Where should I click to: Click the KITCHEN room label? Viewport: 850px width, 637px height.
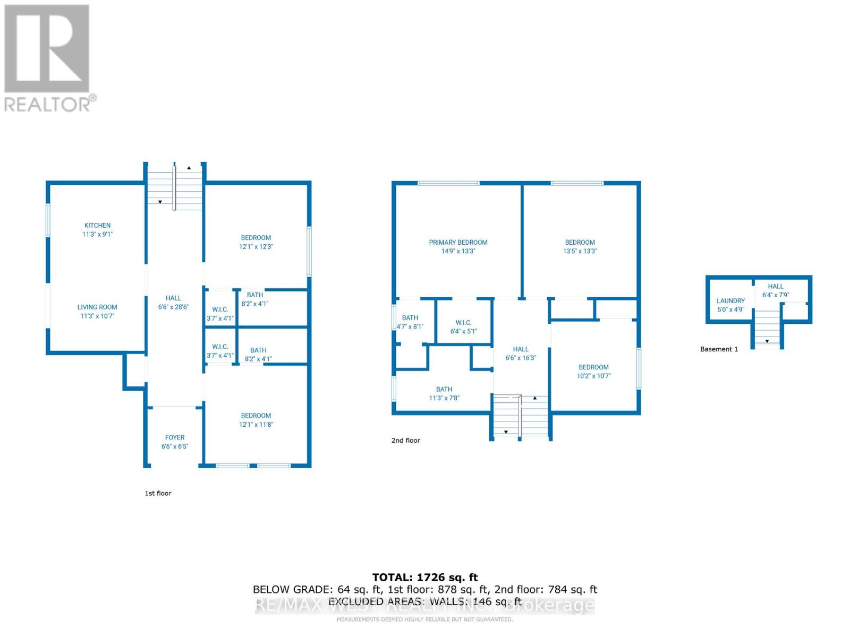click(x=97, y=226)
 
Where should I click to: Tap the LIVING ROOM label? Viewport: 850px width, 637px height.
click(x=97, y=307)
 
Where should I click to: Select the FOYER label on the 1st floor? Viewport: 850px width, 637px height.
click(x=175, y=438)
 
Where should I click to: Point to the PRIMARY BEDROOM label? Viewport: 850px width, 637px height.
click(x=458, y=243)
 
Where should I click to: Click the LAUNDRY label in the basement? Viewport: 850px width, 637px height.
click(x=730, y=301)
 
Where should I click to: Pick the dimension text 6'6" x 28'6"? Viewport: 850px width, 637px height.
click(x=173, y=307)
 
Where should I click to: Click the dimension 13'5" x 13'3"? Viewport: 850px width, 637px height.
click(x=580, y=251)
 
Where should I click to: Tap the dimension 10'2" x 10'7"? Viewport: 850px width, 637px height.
click(x=593, y=376)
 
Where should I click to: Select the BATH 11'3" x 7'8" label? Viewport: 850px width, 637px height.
click(x=444, y=393)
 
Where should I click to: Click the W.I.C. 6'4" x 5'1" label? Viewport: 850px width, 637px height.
click(x=463, y=327)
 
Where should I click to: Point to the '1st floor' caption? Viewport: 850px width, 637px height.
click(x=158, y=493)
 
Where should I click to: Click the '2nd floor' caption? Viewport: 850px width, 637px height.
click(x=405, y=440)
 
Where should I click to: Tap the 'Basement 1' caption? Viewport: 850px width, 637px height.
click(x=719, y=349)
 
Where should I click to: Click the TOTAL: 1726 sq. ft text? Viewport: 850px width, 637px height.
click(x=424, y=577)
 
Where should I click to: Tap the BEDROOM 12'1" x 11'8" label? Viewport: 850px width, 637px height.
click(x=256, y=420)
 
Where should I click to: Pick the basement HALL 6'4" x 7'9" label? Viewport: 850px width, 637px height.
click(x=775, y=290)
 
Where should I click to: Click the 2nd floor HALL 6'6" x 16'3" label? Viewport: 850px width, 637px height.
click(x=521, y=354)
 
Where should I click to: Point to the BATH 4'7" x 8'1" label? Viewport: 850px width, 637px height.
click(x=410, y=322)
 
